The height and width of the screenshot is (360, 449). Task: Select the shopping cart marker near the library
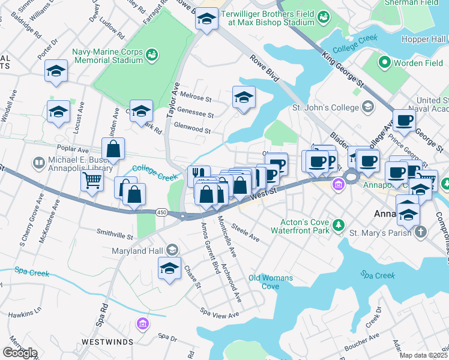pos(91,179)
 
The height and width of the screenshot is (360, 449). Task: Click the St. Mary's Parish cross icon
pos(422,231)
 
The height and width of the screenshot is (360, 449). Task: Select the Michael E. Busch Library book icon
pos(39,163)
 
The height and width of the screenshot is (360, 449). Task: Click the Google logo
pos(20,353)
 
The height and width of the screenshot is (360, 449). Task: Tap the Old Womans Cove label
pos(271,282)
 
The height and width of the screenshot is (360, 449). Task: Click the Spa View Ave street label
pos(220,313)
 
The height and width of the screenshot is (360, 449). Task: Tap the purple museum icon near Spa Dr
pos(142,325)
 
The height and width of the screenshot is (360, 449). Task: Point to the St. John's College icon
pos(368,107)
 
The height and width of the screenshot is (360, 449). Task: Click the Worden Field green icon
pos(385,62)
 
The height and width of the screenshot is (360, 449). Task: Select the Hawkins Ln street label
pos(25,312)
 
